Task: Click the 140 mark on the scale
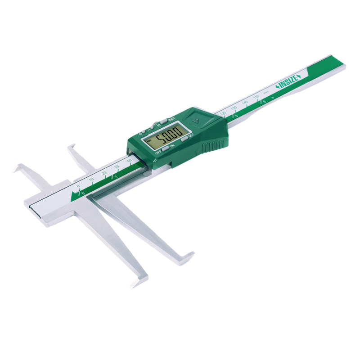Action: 245,103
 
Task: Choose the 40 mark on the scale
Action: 129,160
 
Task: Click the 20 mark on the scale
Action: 104,173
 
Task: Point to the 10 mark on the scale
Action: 91,179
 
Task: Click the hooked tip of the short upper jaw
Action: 71,148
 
